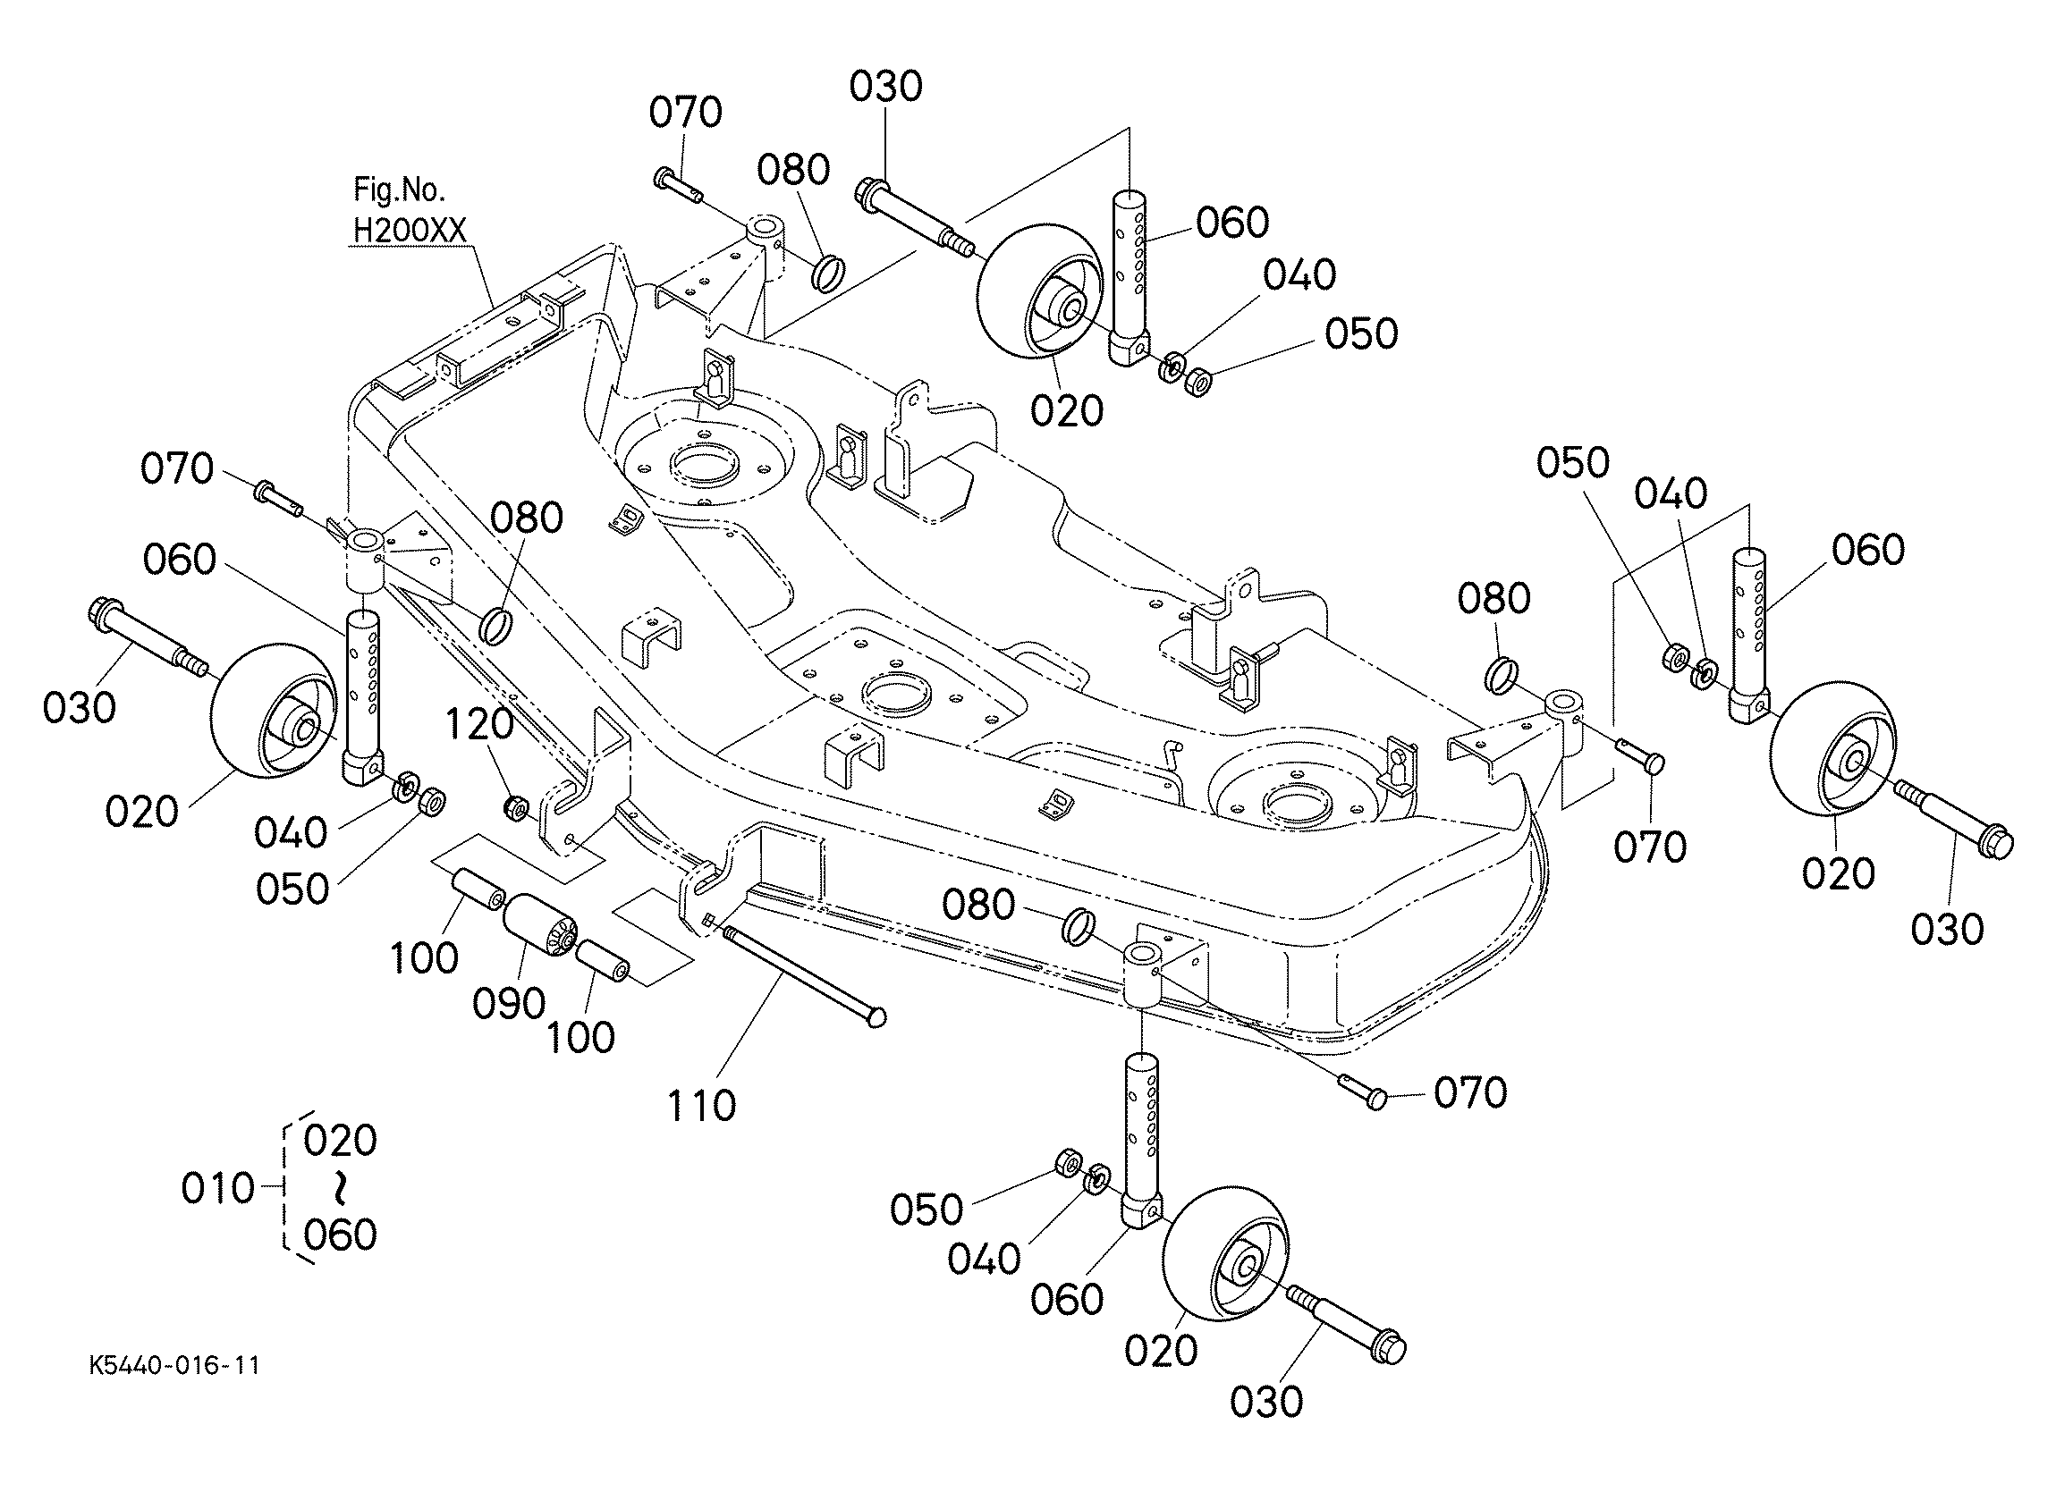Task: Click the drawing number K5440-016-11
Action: coord(174,1366)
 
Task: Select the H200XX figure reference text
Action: coord(409,232)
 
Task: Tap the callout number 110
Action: coord(701,1106)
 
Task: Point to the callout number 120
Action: coord(478,724)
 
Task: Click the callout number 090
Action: coord(509,1003)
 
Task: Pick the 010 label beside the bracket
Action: coord(217,1187)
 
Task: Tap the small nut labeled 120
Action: coord(516,805)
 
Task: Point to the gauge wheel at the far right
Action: coord(1832,758)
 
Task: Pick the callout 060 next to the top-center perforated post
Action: coord(1231,223)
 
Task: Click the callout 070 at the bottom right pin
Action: coord(1470,1093)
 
